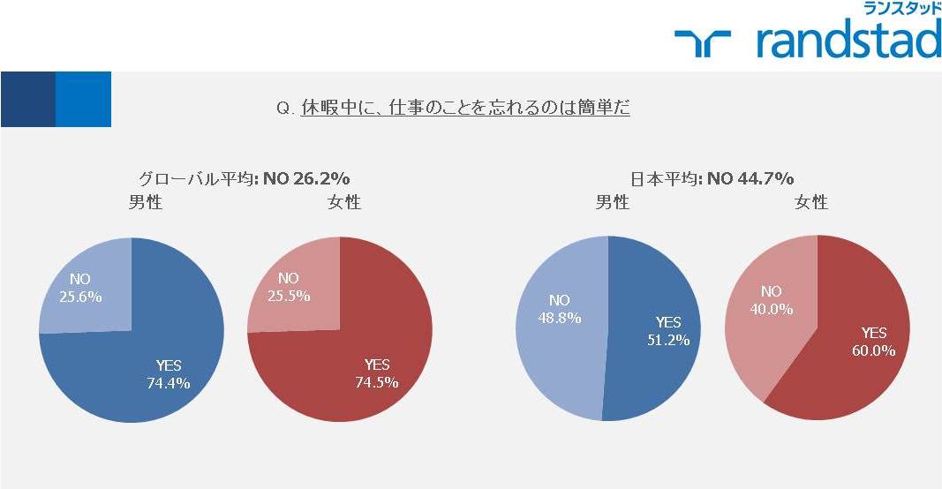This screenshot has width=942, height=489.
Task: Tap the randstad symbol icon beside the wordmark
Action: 702,43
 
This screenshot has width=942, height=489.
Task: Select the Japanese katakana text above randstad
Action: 902,9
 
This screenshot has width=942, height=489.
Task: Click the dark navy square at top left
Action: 27,99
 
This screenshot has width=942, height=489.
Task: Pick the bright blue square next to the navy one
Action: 83,99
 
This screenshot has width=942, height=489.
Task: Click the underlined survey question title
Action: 465,108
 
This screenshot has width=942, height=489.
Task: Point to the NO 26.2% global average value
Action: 306,178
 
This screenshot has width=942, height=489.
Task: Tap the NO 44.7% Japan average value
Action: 750,178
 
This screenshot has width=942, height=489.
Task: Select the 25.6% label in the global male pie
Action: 80,297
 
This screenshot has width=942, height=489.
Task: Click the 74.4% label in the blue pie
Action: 169,383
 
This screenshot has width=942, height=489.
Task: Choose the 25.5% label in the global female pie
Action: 289,296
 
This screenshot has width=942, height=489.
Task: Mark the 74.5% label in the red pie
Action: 377,382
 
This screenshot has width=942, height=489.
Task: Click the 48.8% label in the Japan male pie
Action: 560,317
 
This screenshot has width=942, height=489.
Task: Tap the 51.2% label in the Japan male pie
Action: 668,340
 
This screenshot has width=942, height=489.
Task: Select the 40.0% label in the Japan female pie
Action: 772,309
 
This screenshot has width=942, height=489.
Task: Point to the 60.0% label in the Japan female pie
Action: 873,350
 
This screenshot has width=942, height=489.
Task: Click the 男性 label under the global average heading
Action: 146,202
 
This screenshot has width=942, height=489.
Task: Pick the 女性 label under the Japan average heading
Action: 811,202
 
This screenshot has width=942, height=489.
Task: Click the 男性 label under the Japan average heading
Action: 612,202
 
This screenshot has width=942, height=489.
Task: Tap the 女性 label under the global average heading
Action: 344,202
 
